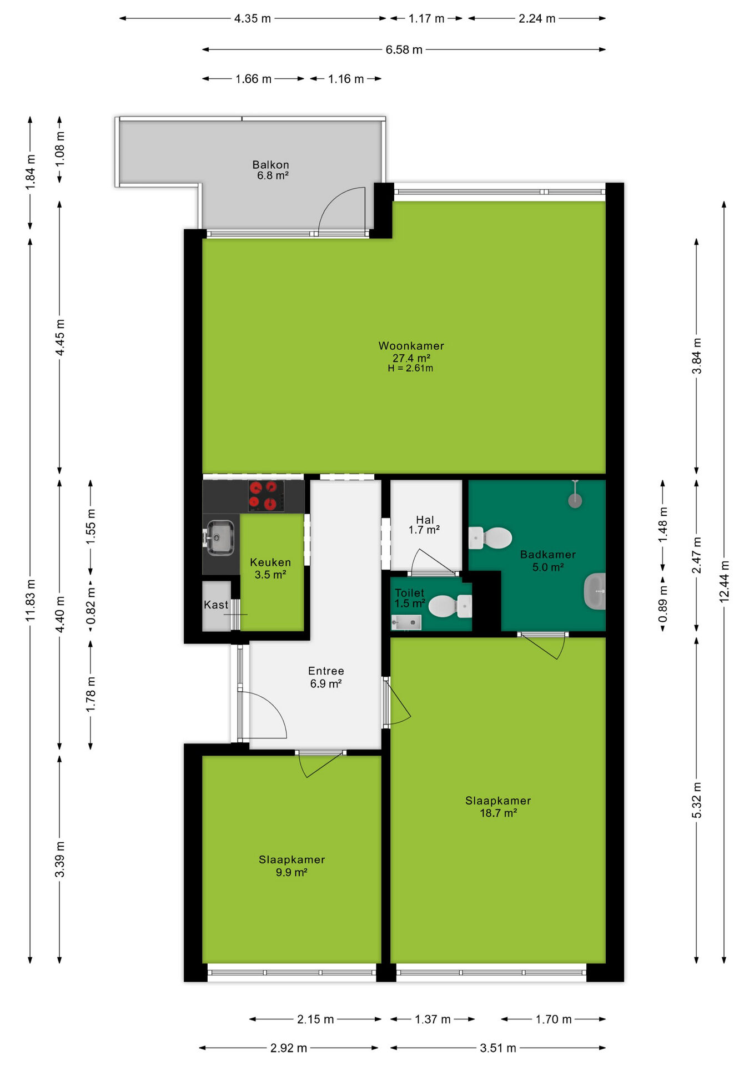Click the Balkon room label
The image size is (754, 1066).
[271, 170]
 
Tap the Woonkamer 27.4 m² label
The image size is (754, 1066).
[411, 351]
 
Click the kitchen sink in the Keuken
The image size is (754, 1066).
[220, 537]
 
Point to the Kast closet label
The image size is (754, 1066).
[216, 605]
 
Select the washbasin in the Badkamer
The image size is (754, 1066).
[595, 591]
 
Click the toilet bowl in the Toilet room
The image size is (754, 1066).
[450, 606]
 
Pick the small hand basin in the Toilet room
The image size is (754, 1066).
[406, 623]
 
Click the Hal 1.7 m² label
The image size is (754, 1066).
[424, 525]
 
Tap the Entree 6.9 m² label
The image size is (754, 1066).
[326, 677]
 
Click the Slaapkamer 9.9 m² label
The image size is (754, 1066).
[291, 866]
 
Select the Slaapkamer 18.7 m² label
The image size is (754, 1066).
[498, 807]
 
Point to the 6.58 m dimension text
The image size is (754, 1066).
[404, 50]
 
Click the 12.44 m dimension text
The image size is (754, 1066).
[724, 581]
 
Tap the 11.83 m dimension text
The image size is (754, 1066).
[31, 600]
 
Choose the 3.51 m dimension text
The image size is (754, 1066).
[498, 1048]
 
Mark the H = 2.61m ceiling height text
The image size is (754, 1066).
[410, 368]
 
